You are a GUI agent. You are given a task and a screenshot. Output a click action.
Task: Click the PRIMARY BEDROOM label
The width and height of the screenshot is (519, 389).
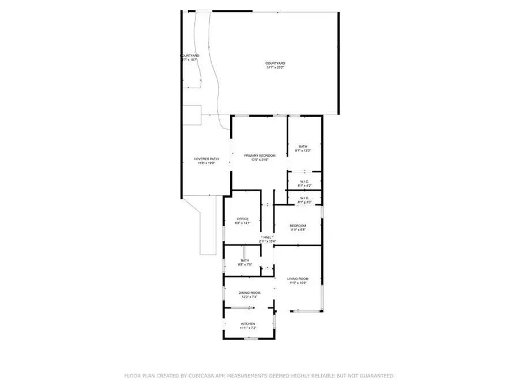(259, 156)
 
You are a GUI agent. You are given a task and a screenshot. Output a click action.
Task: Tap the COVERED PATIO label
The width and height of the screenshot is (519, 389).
(206, 158)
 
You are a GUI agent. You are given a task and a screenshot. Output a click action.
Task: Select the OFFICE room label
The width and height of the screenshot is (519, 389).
(242, 219)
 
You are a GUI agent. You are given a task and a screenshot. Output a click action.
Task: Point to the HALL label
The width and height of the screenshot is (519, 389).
(267, 237)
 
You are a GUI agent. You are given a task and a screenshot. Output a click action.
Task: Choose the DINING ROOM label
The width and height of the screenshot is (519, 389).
(250, 293)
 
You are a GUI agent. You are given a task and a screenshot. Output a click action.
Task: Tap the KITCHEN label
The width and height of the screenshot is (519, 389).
(247, 324)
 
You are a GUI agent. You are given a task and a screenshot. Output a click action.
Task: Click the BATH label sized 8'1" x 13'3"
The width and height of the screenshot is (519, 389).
(303, 146)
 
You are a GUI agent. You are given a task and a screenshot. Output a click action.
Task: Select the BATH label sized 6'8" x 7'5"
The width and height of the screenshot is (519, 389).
(245, 260)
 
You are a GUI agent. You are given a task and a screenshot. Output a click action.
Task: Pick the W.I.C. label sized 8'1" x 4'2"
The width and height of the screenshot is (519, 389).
(304, 182)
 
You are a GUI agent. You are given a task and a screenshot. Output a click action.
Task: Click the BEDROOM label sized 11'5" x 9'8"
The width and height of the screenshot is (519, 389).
(298, 225)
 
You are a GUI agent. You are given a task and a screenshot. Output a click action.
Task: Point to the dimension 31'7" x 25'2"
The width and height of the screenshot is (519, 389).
(275, 67)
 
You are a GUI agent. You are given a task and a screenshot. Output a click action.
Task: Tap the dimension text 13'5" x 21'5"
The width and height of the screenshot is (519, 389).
(259, 160)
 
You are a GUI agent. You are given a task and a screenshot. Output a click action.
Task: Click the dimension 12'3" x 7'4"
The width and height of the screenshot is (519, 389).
(250, 297)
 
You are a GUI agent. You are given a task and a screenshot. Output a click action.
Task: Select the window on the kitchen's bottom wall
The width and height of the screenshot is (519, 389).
(250, 338)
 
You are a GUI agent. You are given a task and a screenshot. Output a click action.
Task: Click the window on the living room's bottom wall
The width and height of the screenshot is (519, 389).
(306, 311)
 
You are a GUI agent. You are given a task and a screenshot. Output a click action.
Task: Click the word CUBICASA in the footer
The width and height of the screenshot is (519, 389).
(202, 376)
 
